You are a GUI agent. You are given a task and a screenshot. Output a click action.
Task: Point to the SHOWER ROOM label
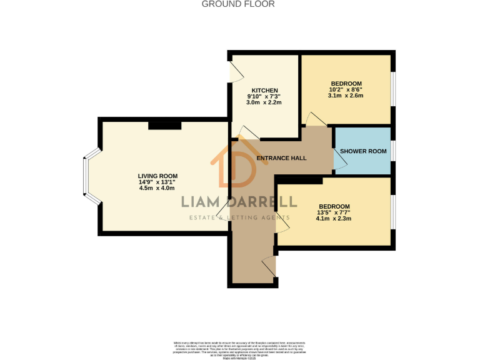click(x=361, y=151)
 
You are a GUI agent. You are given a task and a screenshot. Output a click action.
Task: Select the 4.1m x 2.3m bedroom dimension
click(x=334, y=219)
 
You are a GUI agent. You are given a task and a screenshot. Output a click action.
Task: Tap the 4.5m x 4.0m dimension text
click(x=157, y=187)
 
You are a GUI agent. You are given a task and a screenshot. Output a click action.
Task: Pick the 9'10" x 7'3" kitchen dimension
click(x=264, y=96)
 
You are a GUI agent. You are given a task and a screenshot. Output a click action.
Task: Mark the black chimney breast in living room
click(x=165, y=125)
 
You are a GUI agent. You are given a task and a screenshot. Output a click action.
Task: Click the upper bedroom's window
click(x=392, y=90)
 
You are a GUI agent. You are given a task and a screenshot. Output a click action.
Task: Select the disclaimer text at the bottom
click(x=239, y=348)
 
